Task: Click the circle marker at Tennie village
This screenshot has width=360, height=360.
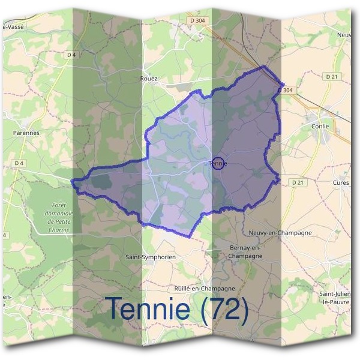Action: coord(218,163)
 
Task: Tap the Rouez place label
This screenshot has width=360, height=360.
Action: coord(149,79)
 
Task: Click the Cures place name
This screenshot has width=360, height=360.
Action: coord(340,182)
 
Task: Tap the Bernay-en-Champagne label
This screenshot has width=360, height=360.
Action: coord(246,252)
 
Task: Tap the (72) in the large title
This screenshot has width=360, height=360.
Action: coord(225,310)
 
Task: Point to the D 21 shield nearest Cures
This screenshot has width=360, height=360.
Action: coord(296,182)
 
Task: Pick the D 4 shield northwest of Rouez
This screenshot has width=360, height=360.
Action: coord(72,55)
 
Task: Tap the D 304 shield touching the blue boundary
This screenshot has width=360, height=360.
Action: coord(286,90)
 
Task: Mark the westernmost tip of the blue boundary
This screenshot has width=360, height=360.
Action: coord(72,181)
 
